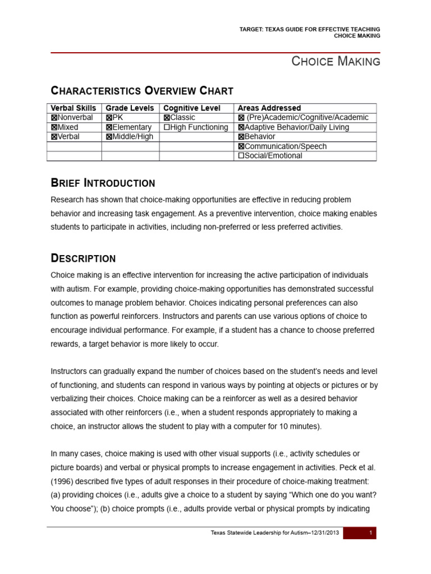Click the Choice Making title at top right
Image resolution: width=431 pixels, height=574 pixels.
pos(336,62)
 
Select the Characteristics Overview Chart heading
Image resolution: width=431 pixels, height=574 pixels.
pos(142,91)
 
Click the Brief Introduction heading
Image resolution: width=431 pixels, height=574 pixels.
pos(103,183)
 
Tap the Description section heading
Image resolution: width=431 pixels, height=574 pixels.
pos(83,258)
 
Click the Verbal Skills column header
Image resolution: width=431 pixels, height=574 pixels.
pos(74,108)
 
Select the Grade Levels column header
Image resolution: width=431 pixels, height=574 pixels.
pos(130,108)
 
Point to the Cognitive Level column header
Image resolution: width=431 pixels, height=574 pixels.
pos(191,108)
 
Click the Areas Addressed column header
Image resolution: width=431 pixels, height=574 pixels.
pos(269,108)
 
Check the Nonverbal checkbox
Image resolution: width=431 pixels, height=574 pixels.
pos(54,118)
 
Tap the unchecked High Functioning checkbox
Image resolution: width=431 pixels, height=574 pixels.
pos(166,127)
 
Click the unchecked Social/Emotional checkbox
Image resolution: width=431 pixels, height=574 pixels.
pos(241,156)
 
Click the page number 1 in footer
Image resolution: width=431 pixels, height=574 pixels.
pos(371,533)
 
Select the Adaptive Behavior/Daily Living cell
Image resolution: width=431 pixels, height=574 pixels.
pos(294,127)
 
